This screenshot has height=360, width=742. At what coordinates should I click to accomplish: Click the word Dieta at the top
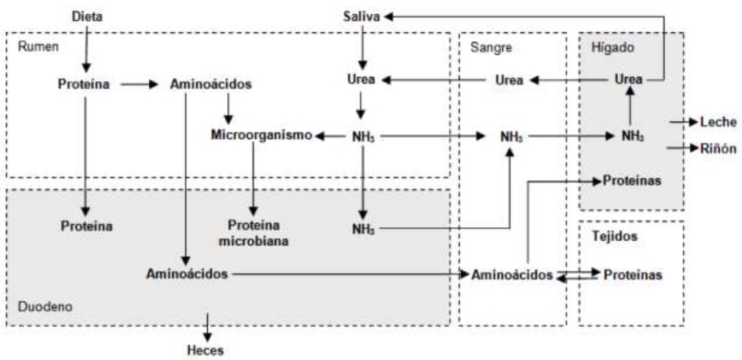click(x=86, y=16)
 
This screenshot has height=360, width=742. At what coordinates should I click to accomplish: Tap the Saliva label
click(x=361, y=16)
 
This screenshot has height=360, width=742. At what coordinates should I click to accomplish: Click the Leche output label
click(x=718, y=122)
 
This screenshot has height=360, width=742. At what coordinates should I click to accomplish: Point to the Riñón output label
click(x=718, y=148)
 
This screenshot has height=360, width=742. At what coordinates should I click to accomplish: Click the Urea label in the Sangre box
click(x=509, y=80)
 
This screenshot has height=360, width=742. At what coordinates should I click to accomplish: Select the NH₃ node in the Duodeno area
click(x=361, y=229)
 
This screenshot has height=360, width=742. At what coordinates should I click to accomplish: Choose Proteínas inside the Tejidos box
click(x=633, y=275)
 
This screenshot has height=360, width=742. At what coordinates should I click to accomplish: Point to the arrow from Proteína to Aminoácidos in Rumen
click(x=140, y=83)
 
